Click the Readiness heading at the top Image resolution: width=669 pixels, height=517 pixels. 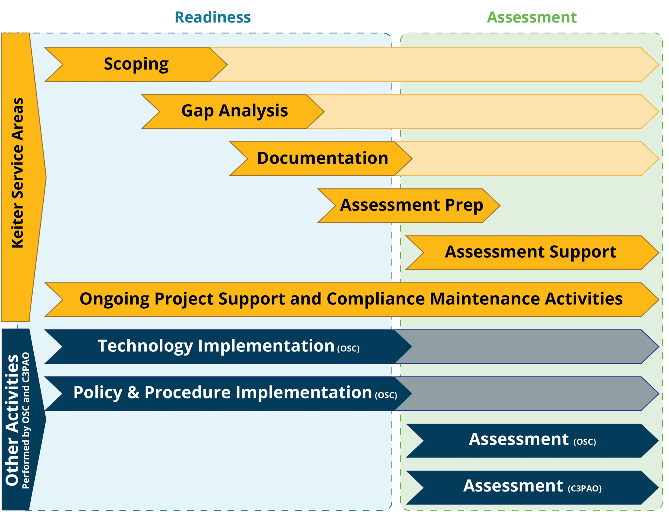tap(213, 17)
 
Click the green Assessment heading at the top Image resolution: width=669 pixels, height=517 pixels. tap(532, 17)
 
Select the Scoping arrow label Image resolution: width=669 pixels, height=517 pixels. tap(136, 64)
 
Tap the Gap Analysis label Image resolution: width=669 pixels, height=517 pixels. tap(235, 111)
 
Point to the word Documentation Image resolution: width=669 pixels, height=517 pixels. tap(323, 158)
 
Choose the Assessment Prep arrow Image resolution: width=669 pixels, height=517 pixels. tap(409, 206)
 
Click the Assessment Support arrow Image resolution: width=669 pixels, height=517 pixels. tap(532, 253)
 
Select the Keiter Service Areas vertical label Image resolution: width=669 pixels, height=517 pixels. tap(18, 173)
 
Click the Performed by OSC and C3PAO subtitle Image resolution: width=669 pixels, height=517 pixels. tap(26, 420)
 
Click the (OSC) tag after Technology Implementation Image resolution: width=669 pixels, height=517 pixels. tap(348, 349)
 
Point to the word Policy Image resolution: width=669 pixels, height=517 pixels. tap(98, 393)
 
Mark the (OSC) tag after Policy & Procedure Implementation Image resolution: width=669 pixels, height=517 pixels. tap(386, 396)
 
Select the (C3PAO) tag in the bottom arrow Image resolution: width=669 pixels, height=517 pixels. tap(585, 489)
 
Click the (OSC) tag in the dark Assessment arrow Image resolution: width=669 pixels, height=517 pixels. tap(585, 442)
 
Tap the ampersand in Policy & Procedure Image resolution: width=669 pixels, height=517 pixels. tap(133, 392)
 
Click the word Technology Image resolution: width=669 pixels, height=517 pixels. tap(145, 346)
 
